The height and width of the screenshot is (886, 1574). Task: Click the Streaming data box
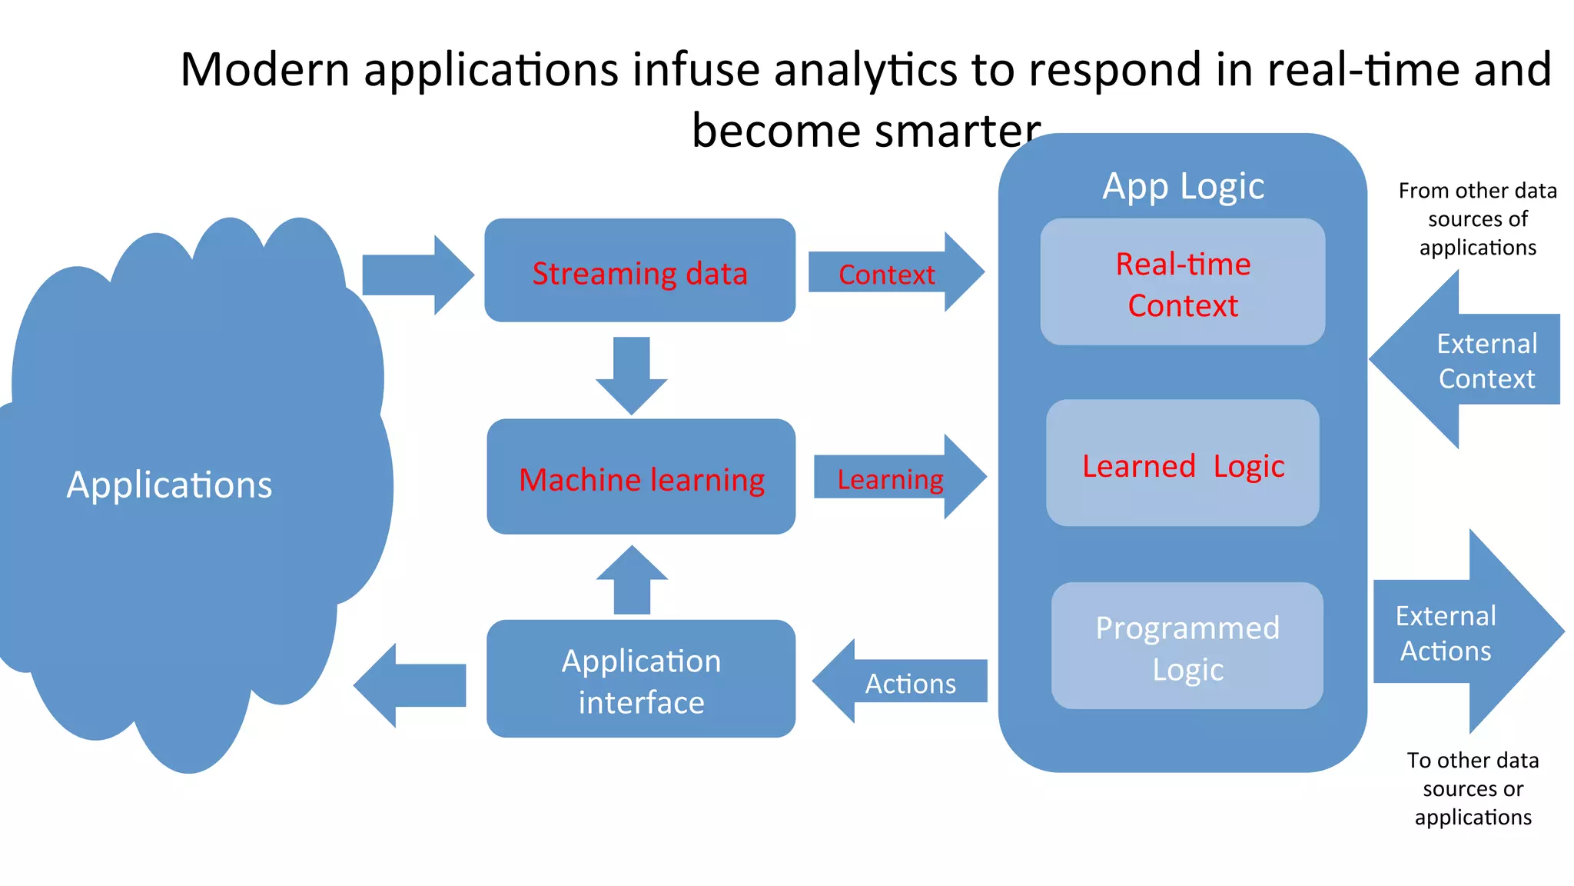tap(639, 271)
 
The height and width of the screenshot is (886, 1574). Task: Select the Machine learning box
tap(641, 477)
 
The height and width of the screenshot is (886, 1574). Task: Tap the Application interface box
tap(641, 679)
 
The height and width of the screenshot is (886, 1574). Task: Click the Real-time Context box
tap(1182, 282)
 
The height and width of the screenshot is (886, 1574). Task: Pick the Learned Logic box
tap(1182, 463)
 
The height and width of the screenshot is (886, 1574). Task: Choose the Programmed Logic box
tap(1187, 646)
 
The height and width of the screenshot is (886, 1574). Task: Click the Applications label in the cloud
tap(169, 485)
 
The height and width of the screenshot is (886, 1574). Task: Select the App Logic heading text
tap(1183, 186)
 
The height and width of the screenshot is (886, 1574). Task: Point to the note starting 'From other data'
tap(1477, 219)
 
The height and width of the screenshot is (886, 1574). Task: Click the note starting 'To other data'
tap(1473, 788)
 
